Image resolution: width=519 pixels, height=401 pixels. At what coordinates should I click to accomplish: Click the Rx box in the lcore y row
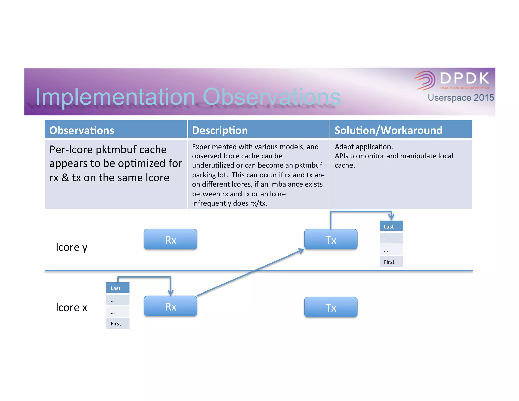point(170,239)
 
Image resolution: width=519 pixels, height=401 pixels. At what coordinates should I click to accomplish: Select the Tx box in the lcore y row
point(330,239)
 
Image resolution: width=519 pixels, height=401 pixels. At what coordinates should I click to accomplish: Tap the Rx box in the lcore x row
point(170,306)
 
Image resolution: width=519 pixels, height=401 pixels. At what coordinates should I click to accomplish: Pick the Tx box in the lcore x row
point(330,307)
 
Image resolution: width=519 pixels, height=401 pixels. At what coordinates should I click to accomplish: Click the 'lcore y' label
point(71,247)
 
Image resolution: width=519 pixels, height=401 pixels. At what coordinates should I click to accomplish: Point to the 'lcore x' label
point(71,307)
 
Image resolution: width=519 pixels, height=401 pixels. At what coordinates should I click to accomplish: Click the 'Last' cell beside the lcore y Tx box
point(391,226)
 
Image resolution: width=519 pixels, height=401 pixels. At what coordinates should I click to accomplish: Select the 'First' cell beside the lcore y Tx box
point(391,262)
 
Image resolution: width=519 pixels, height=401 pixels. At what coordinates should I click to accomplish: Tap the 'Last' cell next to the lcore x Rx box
point(118,288)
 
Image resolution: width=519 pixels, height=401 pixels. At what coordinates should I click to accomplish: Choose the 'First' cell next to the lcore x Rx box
point(118,323)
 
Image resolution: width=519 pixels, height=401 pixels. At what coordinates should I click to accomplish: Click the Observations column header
point(82,130)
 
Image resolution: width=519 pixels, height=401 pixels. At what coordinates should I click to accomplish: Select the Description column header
point(220,130)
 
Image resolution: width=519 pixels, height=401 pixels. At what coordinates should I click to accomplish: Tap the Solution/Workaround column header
point(388,130)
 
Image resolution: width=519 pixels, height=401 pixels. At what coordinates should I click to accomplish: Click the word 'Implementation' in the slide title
point(115,97)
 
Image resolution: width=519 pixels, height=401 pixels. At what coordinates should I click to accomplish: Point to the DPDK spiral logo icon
point(425,80)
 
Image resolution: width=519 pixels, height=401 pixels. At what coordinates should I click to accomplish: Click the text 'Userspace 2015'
point(460,98)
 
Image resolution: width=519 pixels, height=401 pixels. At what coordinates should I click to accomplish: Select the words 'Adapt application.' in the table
point(363,147)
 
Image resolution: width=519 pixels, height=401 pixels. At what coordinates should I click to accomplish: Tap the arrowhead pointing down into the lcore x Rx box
point(171,293)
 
